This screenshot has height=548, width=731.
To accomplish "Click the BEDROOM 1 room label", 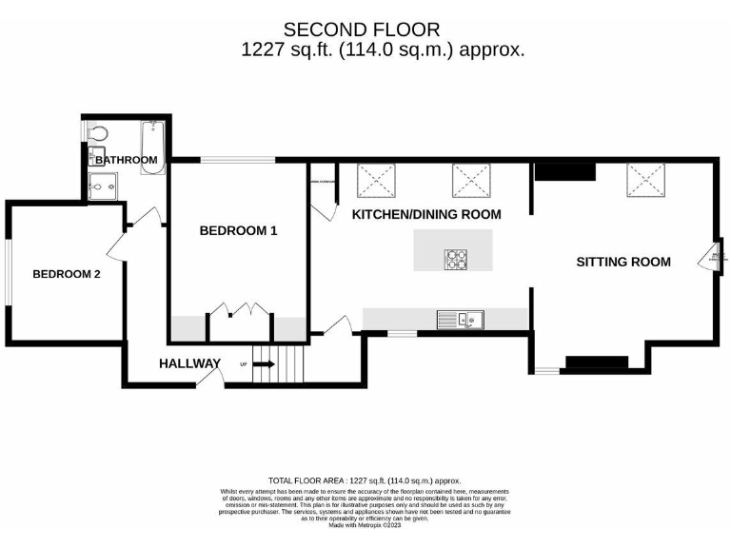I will pyautogui.click(x=238, y=230).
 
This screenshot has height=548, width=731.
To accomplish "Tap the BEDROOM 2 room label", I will pyautogui.click(x=67, y=274).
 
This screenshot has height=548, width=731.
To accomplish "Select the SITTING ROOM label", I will pyautogui.click(x=623, y=262).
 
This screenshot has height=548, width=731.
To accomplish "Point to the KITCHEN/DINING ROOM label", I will pyautogui.click(x=426, y=214).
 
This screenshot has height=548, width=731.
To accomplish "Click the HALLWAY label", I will pyautogui.click(x=189, y=362).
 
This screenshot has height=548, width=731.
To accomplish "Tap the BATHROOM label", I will pyautogui.click(x=125, y=160).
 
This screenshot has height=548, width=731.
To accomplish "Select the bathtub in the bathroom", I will pyautogui.click(x=152, y=146).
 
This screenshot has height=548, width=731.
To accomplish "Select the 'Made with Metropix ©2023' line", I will pyautogui.click(x=365, y=524).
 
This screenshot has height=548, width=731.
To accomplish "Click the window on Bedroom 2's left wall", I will pyautogui.click(x=8, y=274).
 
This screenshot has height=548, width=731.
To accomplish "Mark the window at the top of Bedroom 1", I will pyautogui.click(x=237, y=160).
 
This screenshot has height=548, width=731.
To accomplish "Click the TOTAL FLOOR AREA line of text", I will pyautogui.click(x=365, y=481).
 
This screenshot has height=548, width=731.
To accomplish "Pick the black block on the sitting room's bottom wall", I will pyautogui.click(x=597, y=362).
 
